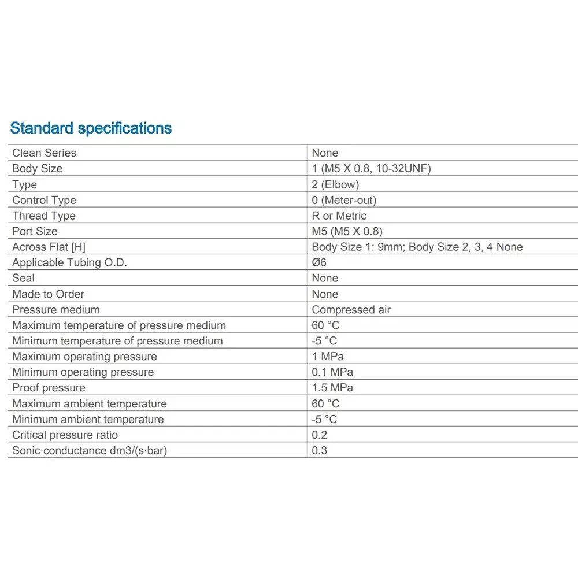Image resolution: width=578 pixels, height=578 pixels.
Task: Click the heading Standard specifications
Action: [x=91, y=128]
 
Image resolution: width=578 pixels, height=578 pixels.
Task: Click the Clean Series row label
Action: [x=44, y=153]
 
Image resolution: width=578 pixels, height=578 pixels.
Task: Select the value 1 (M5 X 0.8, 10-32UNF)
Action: [x=371, y=168]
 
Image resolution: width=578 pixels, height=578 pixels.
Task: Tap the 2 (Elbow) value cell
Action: [x=335, y=184]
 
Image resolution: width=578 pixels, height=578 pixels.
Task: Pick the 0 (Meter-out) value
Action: [x=344, y=200]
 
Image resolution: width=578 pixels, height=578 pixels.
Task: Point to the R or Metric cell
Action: [x=339, y=216]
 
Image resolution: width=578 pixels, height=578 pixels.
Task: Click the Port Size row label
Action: [x=35, y=231]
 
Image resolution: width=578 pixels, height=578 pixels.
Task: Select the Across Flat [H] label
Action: [x=49, y=247]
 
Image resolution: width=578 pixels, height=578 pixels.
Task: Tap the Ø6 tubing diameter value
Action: [x=319, y=262]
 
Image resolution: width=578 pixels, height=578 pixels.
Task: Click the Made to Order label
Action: [x=48, y=294]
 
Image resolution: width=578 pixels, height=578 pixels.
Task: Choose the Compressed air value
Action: [x=351, y=310]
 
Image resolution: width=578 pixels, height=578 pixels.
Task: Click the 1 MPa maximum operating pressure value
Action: [x=328, y=357]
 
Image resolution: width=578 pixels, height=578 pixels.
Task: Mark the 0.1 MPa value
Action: [x=332, y=372]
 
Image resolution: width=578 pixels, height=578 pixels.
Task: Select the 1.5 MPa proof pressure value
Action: [x=332, y=388]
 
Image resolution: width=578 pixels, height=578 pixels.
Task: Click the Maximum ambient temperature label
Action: [x=89, y=403]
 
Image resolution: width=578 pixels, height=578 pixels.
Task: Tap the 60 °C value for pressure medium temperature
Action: [x=325, y=325]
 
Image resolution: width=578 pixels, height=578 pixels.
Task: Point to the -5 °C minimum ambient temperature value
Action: [x=324, y=419]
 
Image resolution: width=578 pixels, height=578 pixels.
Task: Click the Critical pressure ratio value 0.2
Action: [x=319, y=435]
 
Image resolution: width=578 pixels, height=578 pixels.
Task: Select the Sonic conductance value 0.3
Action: [x=319, y=450]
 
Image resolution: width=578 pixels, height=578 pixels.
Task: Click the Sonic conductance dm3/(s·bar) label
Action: [x=89, y=450]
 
